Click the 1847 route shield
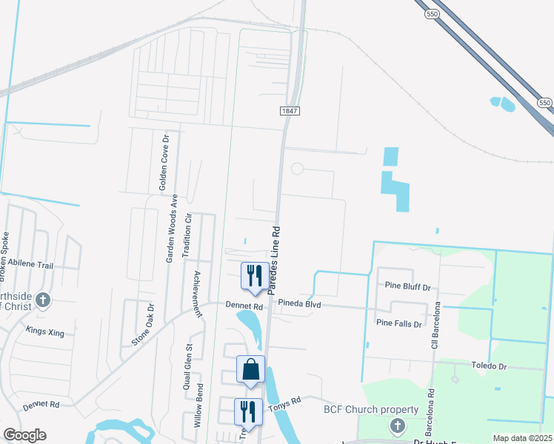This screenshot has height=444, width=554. click(290, 110)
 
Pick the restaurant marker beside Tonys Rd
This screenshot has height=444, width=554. click(248, 412)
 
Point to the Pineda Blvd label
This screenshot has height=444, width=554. click(299, 303)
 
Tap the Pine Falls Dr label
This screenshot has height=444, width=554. click(398, 323)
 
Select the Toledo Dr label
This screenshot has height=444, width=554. click(489, 366)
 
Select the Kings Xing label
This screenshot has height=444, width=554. click(45, 332)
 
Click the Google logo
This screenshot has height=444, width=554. click(24, 435)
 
